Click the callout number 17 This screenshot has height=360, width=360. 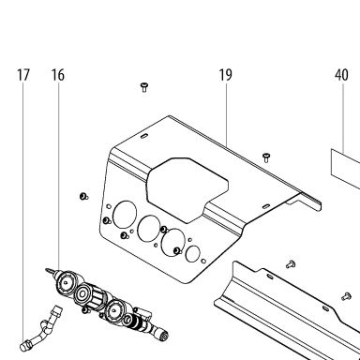click(23, 75)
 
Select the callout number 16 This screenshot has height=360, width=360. click(58, 75)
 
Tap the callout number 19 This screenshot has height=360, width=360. click(225, 75)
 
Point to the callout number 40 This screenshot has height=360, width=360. click(341, 75)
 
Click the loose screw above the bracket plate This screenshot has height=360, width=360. click(144, 87)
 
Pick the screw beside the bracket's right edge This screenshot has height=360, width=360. click(266, 157)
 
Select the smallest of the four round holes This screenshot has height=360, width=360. click(193, 254)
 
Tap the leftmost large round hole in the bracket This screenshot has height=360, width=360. click(125, 215)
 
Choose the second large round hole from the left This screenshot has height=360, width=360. click(149, 229)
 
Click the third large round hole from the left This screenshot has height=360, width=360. click(173, 243)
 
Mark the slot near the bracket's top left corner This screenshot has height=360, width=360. click(144, 136)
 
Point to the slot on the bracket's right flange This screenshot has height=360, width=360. click(266, 206)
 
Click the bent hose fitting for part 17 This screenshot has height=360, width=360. click(41, 330)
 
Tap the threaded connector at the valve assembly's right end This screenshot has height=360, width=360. click(163, 337)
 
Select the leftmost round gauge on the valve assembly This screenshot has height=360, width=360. click(66, 283)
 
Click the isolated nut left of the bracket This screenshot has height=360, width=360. click(83, 197)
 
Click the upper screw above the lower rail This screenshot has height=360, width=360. click(291, 264)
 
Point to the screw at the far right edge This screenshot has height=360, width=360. click(347, 296)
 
